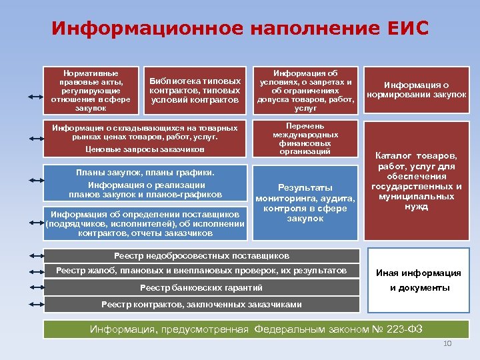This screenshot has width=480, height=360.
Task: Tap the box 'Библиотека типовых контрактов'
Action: click(195, 90)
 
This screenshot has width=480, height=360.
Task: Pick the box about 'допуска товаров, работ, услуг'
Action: click(305, 89)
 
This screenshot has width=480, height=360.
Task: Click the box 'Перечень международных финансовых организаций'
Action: click(305, 139)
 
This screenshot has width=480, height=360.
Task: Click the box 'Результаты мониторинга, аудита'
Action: click(305, 203)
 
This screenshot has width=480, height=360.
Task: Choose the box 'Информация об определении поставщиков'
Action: click(145, 224)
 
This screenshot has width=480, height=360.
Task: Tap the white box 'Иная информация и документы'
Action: click(418, 280)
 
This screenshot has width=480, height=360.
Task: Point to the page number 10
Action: click(447, 343)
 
